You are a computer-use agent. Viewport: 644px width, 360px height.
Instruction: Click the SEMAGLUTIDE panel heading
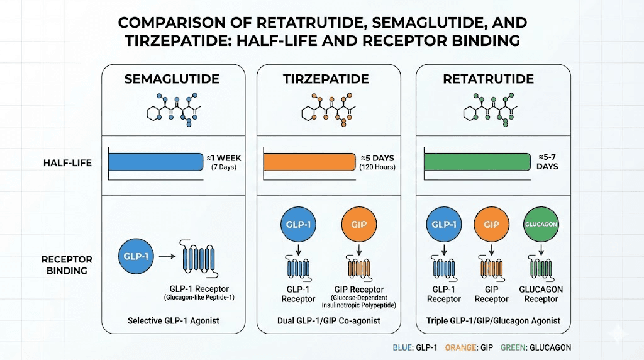[172, 79]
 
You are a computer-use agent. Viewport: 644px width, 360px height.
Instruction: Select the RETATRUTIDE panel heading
[488, 79]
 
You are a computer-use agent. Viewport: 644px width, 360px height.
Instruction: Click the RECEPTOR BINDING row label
[67, 264]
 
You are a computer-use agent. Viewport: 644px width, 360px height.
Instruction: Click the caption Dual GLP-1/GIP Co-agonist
[328, 320]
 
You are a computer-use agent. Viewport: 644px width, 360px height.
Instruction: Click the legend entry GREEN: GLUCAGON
[541, 347]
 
